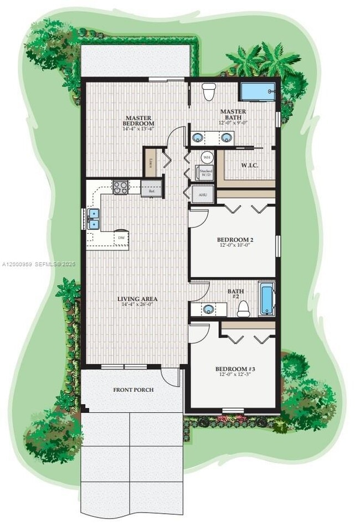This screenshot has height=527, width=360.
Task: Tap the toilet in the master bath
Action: coord(209,91)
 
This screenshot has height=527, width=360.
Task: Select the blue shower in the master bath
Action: coord(257,92)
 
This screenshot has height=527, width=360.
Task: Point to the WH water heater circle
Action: coord(207,157)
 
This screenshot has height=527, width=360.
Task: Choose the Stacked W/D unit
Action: coord(206,173)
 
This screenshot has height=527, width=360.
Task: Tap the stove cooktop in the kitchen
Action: coord(120,188)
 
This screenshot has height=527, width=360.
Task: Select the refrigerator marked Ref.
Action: coord(151,189)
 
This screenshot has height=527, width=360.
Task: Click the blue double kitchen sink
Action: coord(93,219)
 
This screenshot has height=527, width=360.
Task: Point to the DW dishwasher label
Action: coord(120,238)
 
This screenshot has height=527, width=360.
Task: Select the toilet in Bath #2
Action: coord(243,310)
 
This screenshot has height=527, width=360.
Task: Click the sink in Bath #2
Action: coord(209,309)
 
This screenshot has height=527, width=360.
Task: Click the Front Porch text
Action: coord(133,390)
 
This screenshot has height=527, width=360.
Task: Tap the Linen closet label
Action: coord(151,163)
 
